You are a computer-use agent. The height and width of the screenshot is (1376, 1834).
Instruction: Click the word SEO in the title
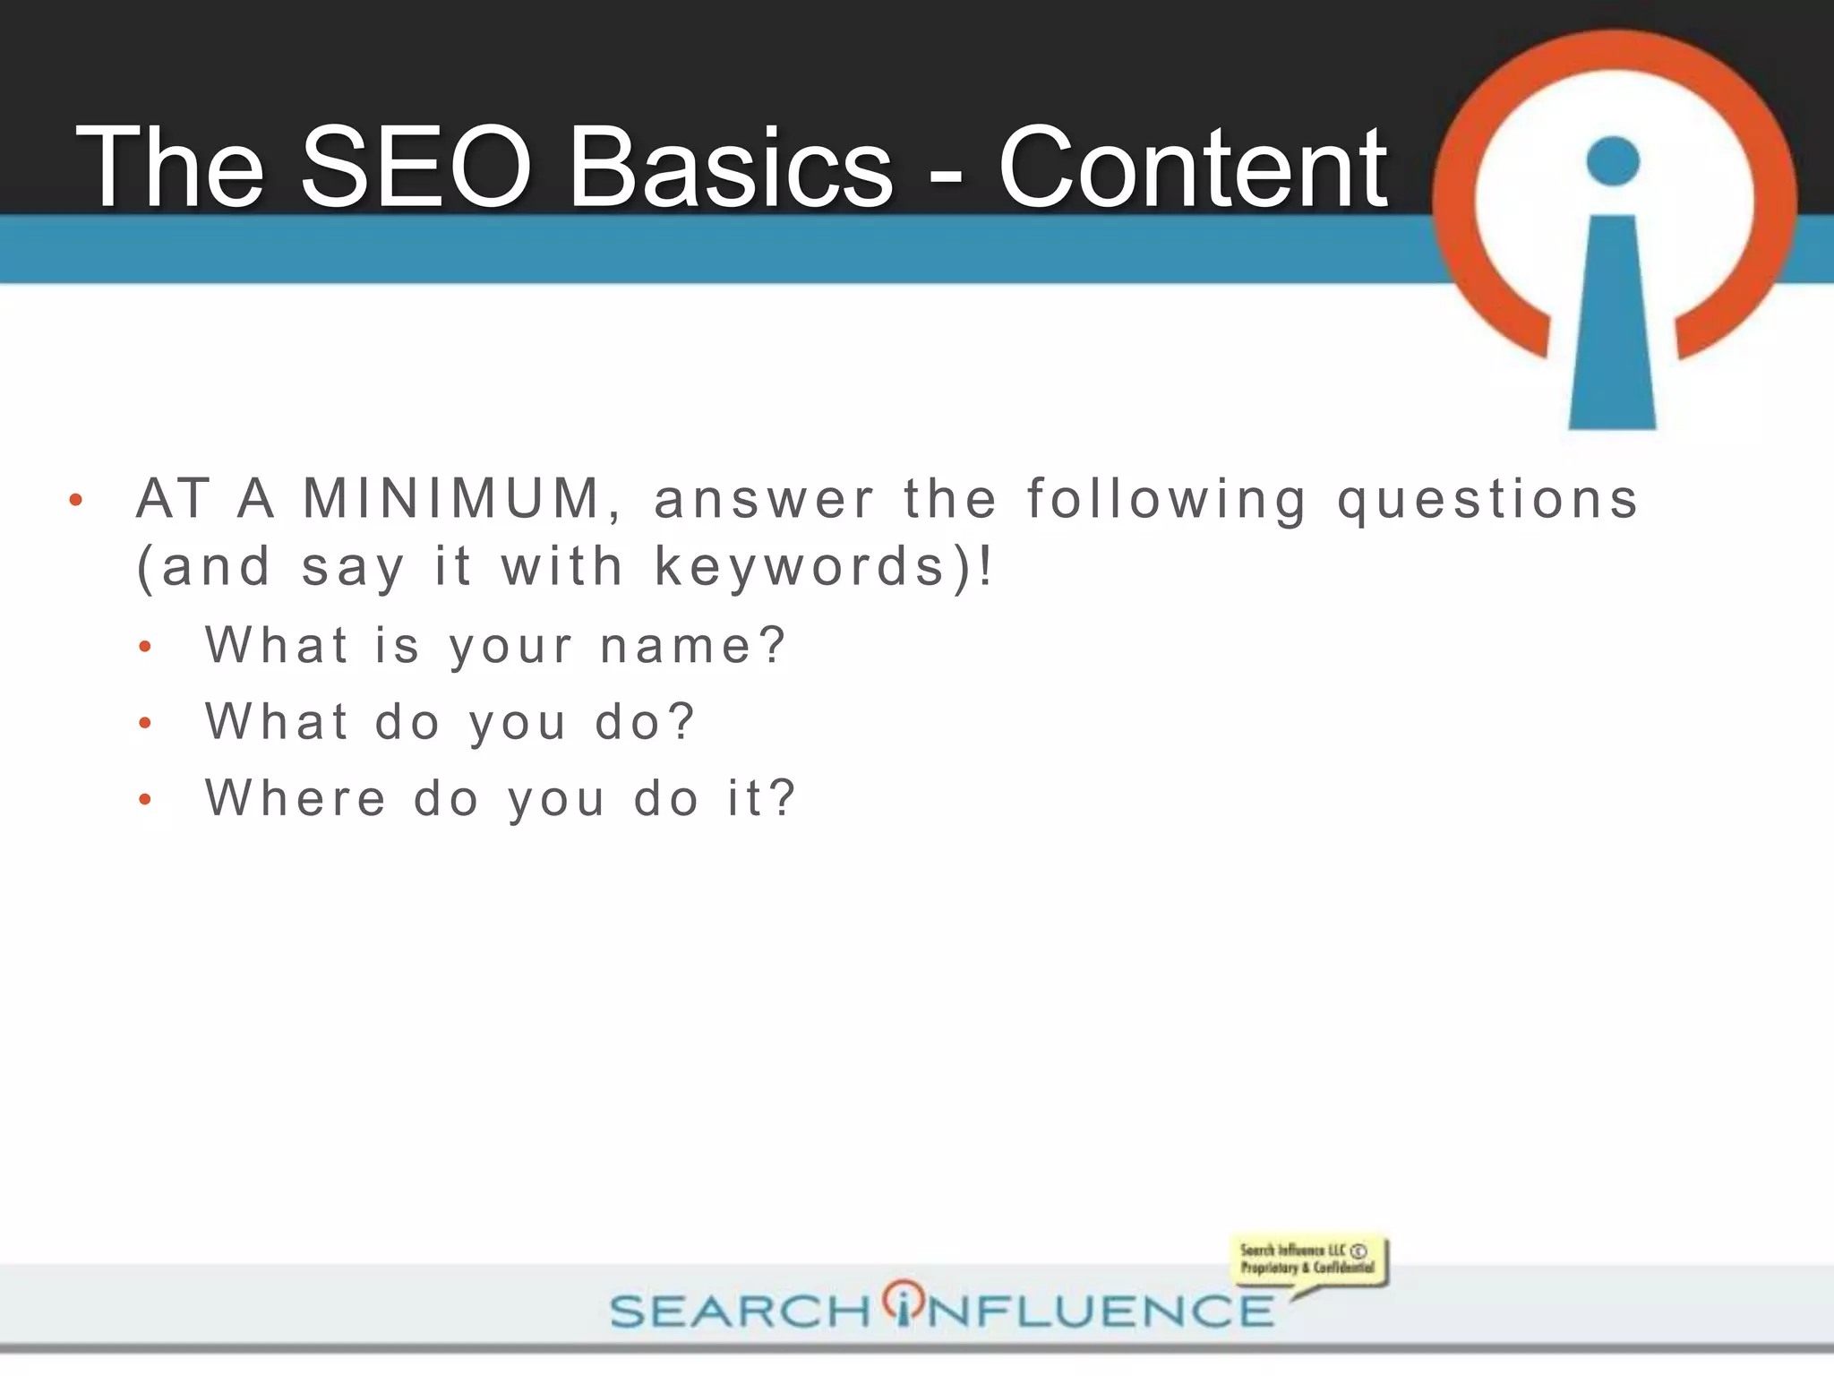pyautogui.click(x=416, y=167)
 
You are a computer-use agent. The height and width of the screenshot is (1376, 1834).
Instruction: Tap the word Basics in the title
pyautogui.click(x=731, y=167)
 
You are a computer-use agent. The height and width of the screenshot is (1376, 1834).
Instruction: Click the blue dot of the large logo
pyautogui.click(x=1613, y=161)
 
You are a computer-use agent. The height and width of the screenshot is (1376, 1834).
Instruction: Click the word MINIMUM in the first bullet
pyautogui.click(x=451, y=499)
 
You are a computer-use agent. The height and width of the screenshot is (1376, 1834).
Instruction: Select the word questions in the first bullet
pyautogui.click(x=1488, y=499)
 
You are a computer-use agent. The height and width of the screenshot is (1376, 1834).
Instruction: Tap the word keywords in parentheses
pyautogui.click(x=801, y=567)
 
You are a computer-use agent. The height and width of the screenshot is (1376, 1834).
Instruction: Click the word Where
pyautogui.click(x=296, y=798)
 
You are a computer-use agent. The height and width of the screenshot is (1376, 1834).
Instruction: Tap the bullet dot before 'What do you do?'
pyautogui.click(x=146, y=723)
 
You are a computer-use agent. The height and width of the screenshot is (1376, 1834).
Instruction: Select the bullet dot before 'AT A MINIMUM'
pyautogui.click(x=76, y=501)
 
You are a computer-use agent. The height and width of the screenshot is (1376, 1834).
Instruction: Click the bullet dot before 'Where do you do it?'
pyautogui.click(x=146, y=799)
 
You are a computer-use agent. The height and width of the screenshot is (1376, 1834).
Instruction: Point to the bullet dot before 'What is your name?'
pyautogui.click(x=146, y=647)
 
